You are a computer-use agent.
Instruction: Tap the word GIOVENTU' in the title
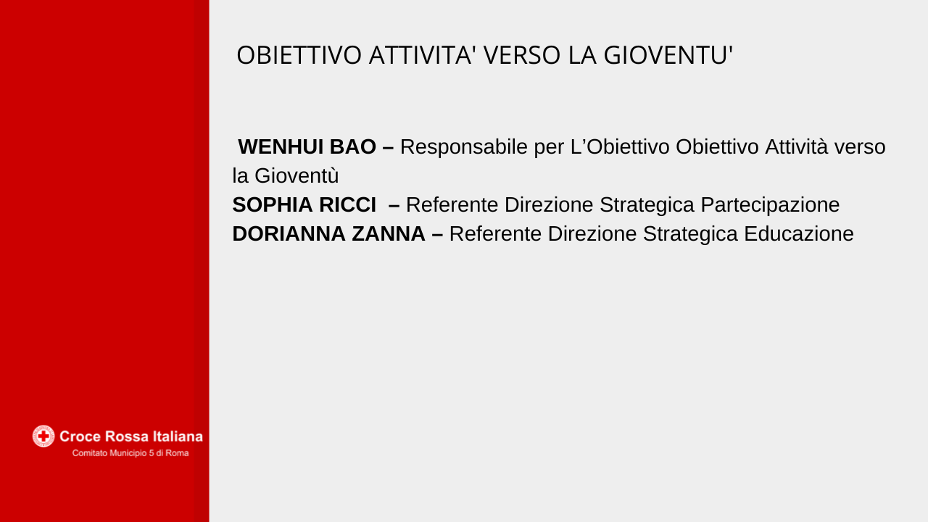point(668,55)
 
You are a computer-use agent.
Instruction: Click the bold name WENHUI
point(281,146)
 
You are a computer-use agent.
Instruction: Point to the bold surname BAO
point(353,146)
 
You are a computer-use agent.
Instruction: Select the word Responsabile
point(464,147)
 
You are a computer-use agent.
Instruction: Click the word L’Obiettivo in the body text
point(620,146)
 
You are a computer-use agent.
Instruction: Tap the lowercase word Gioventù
point(297,175)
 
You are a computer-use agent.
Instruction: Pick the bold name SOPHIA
point(272,204)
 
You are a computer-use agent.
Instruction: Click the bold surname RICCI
point(347,204)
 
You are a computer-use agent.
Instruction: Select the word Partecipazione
point(770,205)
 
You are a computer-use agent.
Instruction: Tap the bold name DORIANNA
point(289,233)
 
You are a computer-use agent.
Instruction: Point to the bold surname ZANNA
point(389,233)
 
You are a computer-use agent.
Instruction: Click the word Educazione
point(799,233)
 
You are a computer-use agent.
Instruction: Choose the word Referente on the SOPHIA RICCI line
point(452,204)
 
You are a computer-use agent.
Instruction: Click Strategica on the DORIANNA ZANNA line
point(690,234)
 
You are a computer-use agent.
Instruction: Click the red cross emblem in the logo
point(43,436)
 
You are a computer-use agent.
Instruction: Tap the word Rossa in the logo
point(128,436)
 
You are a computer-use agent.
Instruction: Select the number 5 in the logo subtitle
point(152,453)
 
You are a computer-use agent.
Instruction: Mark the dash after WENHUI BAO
point(388,147)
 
